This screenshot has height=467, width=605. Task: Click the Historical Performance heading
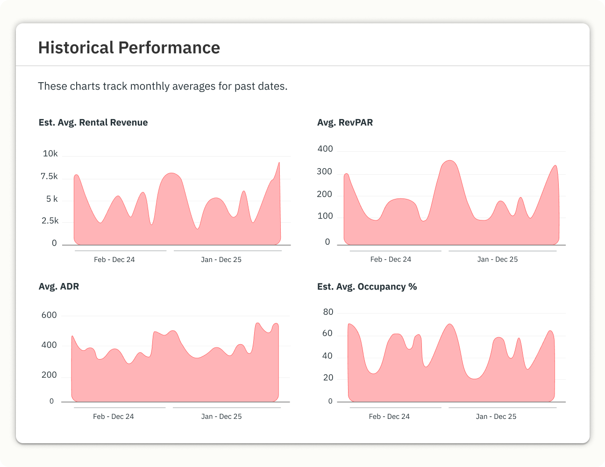(x=129, y=48)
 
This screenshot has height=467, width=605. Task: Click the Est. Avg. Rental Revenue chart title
(x=93, y=122)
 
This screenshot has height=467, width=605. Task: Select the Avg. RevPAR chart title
(x=345, y=122)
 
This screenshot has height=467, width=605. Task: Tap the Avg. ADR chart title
(x=59, y=286)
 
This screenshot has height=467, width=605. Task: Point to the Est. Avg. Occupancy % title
(x=367, y=287)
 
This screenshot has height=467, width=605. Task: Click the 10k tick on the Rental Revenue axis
(x=50, y=153)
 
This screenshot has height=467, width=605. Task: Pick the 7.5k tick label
(x=49, y=176)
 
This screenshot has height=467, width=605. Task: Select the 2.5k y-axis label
(x=50, y=221)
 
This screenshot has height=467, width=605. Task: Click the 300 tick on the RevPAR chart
(x=324, y=171)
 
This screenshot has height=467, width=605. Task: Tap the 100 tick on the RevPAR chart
(x=325, y=216)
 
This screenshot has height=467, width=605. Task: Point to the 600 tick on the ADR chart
(x=49, y=315)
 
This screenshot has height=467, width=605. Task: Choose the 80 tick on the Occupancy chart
(x=328, y=312)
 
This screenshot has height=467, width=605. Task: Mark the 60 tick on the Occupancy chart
(x=327, y=333)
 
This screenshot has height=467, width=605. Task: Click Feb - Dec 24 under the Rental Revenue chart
(x=114, y=260)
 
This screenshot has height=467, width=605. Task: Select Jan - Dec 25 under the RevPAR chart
(x=497, y=259)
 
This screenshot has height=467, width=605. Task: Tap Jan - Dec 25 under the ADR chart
(x=221, y=417)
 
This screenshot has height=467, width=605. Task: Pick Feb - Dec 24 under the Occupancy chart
(x=389, y=417)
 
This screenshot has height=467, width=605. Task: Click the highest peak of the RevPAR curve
(x=449, y=161)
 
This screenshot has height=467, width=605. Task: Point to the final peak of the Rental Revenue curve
(x=279, y=163)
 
